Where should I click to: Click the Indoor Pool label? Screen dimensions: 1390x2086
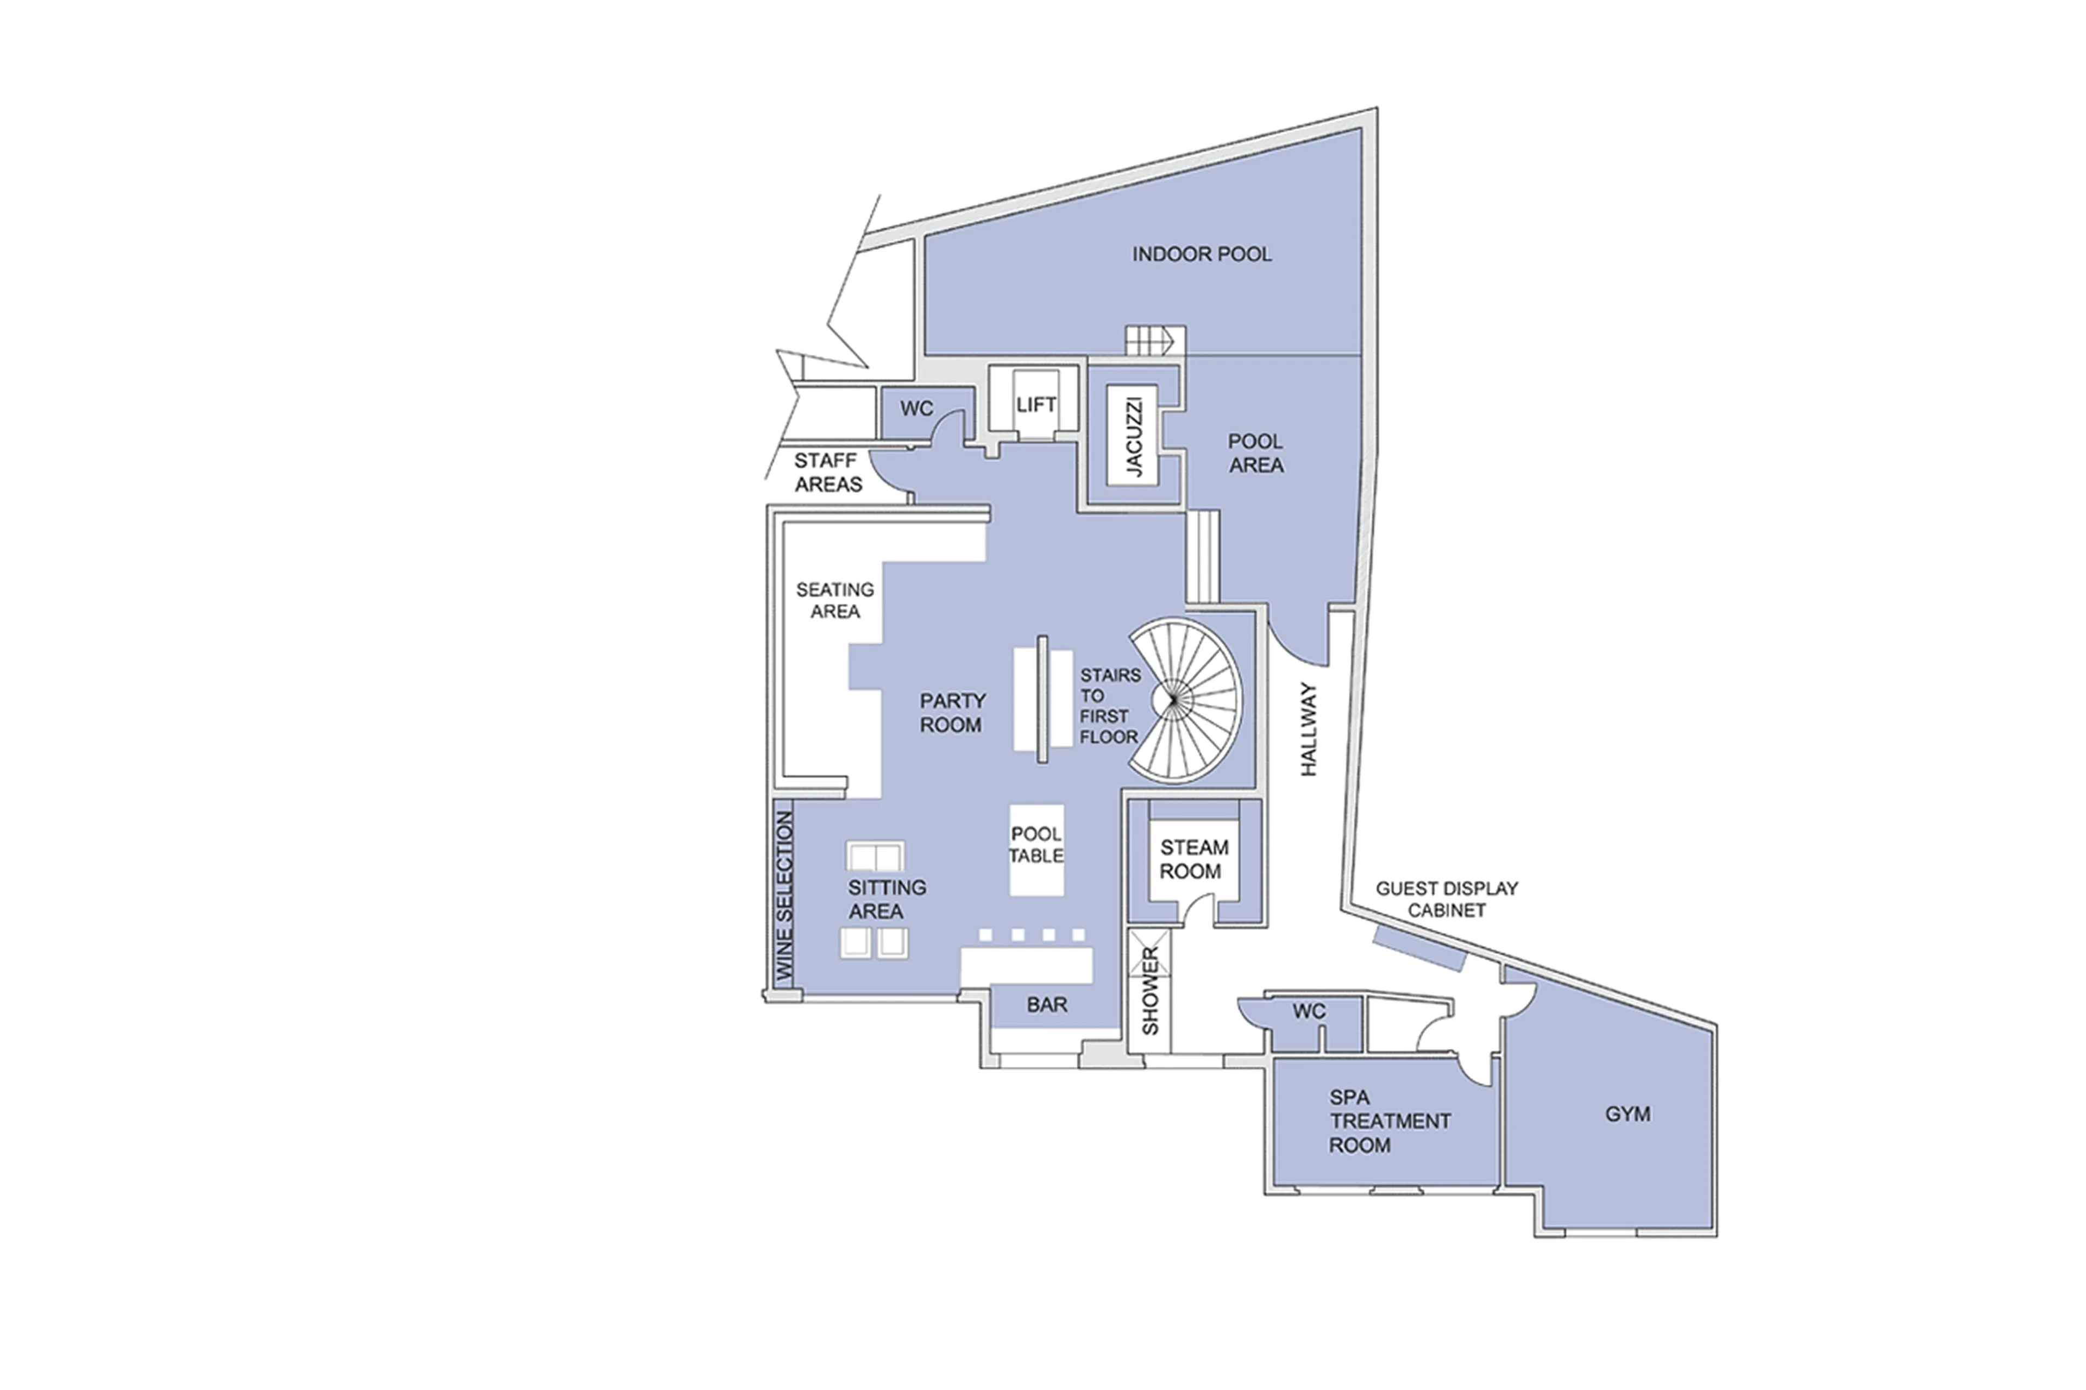point(1201,254)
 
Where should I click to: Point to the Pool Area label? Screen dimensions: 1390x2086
point(1254,453)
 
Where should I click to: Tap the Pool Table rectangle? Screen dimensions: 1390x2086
point(1035,848)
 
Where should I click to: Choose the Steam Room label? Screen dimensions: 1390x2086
point(1193,859)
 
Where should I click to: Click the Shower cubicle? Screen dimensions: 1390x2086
point(1149,990)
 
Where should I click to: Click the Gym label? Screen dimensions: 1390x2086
point(1627,1114)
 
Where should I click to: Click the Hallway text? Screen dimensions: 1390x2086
point(1309,729)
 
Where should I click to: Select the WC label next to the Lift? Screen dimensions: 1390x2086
point(916,408)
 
